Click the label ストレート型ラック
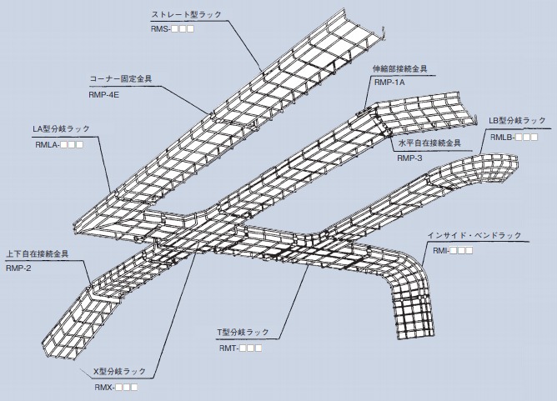[186, 15]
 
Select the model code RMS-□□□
[173, 29]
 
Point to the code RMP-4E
[105, 95]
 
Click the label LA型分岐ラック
[61, 129]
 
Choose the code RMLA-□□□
[58, 144]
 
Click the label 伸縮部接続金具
[401, 68]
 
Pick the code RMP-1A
[389, 83]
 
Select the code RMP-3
[409, 158]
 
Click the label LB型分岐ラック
[517, 121]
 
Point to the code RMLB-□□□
[514, 136]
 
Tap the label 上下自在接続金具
[37, 253]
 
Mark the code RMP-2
[18, 268]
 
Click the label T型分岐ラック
[243, 332]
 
